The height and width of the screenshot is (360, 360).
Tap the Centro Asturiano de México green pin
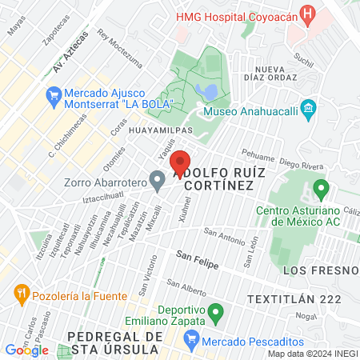[322, 190]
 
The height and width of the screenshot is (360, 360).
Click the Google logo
[26, 350]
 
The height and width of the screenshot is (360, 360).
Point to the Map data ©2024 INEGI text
[312, 354]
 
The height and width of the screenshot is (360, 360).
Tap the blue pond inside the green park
[209, 91]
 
